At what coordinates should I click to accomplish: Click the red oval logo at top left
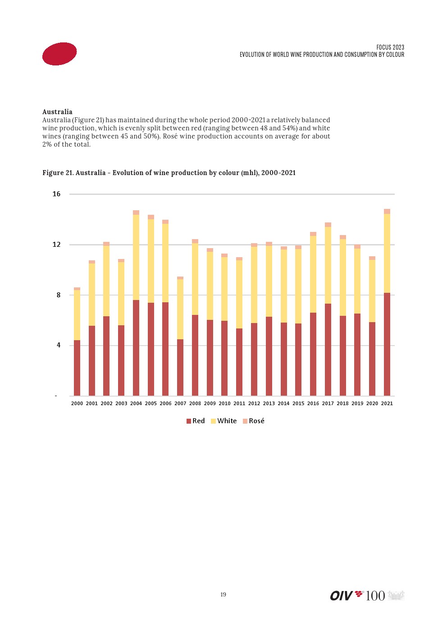click(59, 54)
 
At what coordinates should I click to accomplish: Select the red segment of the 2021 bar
click(387, 344)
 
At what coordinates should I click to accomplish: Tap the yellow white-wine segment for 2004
click(136, 257)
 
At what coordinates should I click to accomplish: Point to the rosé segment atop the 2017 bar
click(328, 225)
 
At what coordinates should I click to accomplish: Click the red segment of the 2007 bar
click(180, 367)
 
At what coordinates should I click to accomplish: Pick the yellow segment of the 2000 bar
click(77, 315)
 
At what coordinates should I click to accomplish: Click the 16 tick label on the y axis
click(56, 194)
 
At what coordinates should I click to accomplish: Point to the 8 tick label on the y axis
click(58, 295)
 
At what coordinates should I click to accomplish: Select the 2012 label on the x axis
click(254, 403)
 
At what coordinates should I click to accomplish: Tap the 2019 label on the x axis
click(357, 403)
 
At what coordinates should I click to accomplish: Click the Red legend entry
click(196, 421)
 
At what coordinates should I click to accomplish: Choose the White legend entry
click(224, 421)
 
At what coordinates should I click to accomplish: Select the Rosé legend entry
click(254, 421)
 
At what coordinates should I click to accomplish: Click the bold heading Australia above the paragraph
click(57, 112)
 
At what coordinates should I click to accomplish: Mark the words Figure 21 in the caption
click(58, 173)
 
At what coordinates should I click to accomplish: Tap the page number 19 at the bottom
click(223, 595)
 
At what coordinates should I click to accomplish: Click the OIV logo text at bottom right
click(341, 596)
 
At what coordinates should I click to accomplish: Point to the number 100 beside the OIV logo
click(375, 596)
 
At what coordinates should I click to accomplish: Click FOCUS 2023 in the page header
click(390, 47)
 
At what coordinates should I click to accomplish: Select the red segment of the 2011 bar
click(239, 362)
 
